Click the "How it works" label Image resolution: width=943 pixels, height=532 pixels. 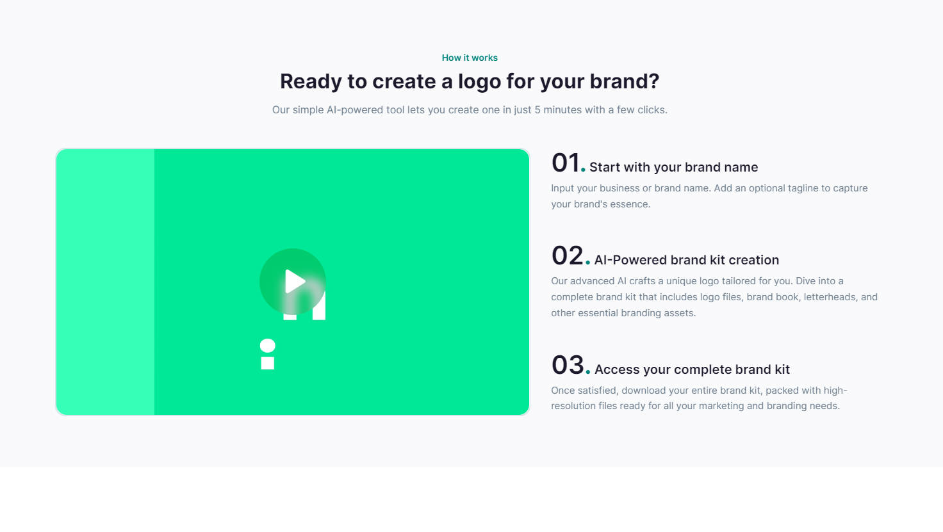tap(470, 58)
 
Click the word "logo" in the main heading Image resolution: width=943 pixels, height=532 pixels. tap(479, 81)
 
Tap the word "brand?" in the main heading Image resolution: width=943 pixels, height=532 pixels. tap(625, 81)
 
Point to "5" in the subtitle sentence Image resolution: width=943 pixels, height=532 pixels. tap(537, 109)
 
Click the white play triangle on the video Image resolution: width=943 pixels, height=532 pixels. tap(295, 281)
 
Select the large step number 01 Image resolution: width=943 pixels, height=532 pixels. tap(566, 163)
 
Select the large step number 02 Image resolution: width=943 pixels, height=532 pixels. tap(568, 255)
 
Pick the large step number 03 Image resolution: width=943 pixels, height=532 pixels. tap(568, 365)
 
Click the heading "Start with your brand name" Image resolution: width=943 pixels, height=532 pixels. tap(673, 167)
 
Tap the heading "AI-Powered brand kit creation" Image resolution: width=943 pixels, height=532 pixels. tap(687, 260)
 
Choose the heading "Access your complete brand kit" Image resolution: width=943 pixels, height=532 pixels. tap(692, 369)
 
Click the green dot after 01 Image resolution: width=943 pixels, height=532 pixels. tap(583, 170)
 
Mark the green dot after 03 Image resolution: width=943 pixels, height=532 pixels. tap(587, 372)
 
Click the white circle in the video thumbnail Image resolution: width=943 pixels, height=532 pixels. tap(267, 346)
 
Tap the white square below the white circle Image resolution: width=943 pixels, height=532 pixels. tap(267, 364)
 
